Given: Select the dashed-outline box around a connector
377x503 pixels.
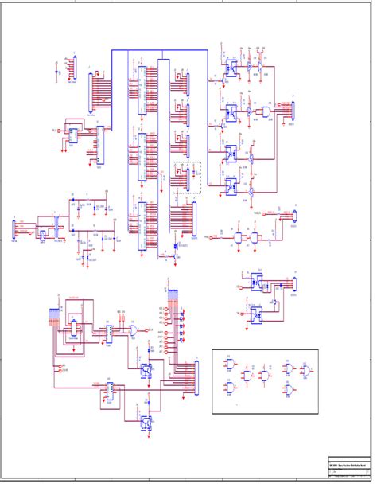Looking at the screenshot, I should point(187,177).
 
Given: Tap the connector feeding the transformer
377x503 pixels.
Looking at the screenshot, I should point(14,229).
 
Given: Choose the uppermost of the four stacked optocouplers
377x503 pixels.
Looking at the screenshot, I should point(229,68).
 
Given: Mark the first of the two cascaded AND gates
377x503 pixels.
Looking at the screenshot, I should point(237,238).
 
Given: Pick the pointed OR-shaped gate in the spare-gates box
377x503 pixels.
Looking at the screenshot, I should point(305,369).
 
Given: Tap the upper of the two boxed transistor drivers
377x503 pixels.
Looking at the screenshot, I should point(146,370).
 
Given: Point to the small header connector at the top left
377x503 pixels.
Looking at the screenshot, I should point(73,68).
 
